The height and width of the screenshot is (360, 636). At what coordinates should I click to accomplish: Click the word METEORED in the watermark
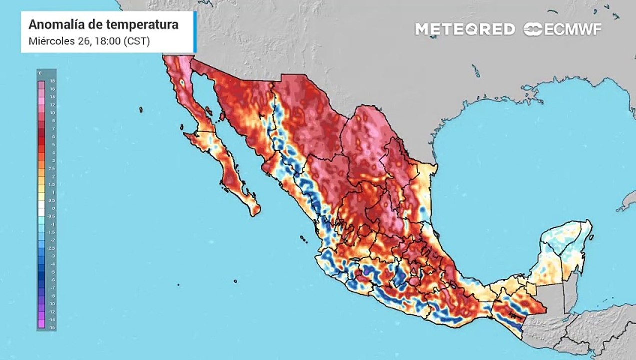point(465,29)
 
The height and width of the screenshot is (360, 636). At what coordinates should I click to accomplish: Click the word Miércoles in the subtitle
point(49,41)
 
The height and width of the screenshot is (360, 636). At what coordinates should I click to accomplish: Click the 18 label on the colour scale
point(52,81)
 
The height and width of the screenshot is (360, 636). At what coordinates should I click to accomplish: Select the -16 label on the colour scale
point(52,327)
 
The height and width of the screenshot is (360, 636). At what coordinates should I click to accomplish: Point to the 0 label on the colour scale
point(52,208)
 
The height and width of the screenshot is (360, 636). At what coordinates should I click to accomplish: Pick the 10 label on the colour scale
point(52,113)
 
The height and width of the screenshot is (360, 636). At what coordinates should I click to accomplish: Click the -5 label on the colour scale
point(52,272)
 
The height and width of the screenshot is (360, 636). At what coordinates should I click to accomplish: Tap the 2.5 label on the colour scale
point(52,169)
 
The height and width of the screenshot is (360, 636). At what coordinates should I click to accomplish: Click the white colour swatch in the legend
point(41,208)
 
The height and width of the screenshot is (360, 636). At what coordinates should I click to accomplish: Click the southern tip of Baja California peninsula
point(254,214)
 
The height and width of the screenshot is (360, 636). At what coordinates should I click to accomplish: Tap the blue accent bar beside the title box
point(195,32)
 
